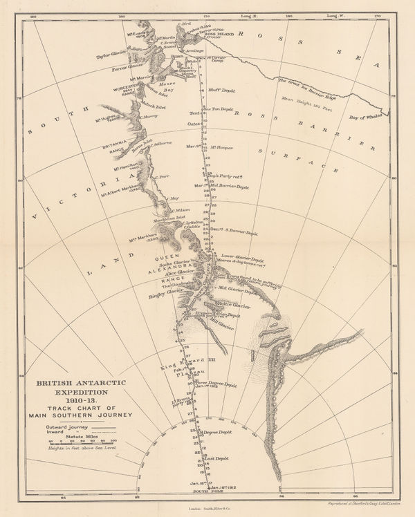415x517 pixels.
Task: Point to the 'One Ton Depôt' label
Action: (x=221, y=109)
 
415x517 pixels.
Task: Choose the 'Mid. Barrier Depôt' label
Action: (x=229, y=186)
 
